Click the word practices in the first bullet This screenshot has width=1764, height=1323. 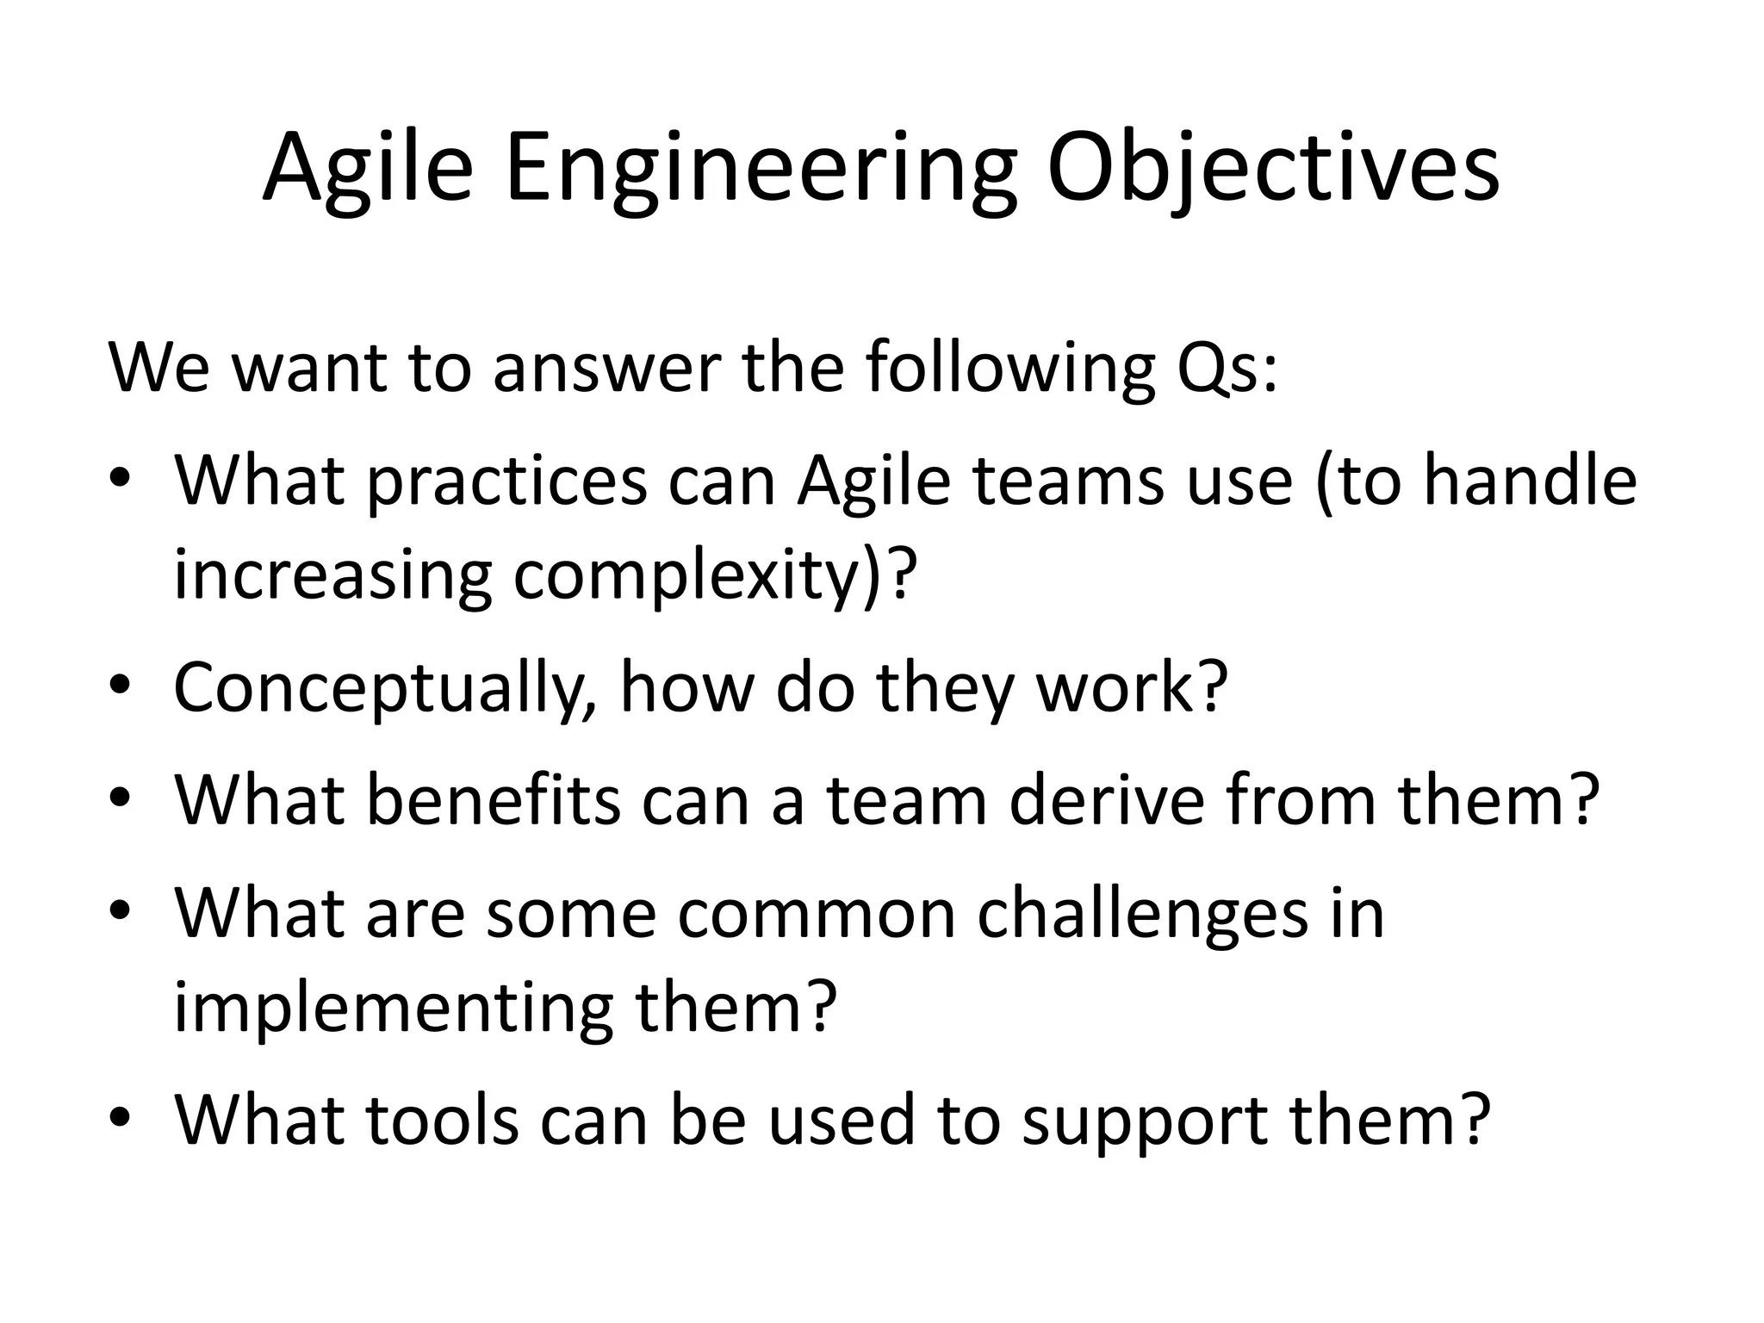coord(506,482)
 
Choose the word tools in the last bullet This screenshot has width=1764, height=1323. coord(443,1120)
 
